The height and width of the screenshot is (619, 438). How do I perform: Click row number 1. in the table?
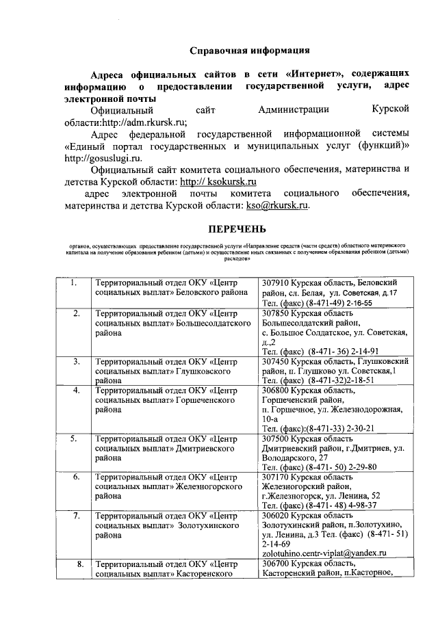coord(73,282)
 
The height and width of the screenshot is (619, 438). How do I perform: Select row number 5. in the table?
coord(73,438)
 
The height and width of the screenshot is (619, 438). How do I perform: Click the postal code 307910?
coord(276,282)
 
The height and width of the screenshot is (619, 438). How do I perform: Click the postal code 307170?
coord(276,476)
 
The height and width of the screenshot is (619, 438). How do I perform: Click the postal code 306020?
coord(276,514)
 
